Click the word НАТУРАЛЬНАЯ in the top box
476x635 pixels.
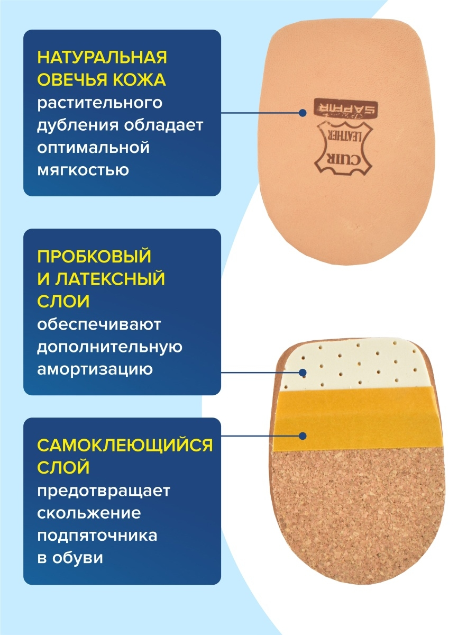tap(102, 57)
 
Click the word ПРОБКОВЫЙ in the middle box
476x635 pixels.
tap(94, 256)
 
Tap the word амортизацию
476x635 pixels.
tap(95, 369)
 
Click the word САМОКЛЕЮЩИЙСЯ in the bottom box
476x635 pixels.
tap(124, 445)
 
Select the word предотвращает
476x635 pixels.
tap(104, 491)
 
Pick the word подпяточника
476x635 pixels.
tap(97, 536)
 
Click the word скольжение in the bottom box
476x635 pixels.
tap(89, 513)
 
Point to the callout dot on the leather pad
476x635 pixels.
tap(303, 113)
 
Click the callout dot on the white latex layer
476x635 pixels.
tap(303, 373)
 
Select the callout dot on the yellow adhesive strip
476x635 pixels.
tap(303, 436)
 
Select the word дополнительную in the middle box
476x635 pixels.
tap(109, 347)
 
